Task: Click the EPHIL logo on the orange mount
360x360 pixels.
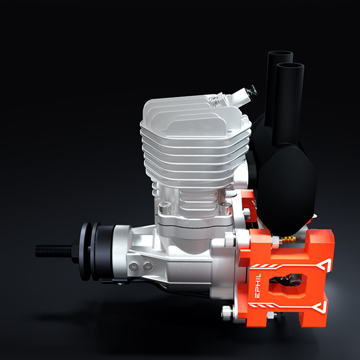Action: (x=258, y=286)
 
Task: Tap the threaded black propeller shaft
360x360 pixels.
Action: (x=54, y=251)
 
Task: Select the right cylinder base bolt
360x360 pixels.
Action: (x=226, y=208)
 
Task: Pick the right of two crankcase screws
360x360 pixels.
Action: (x=148, y=266)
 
